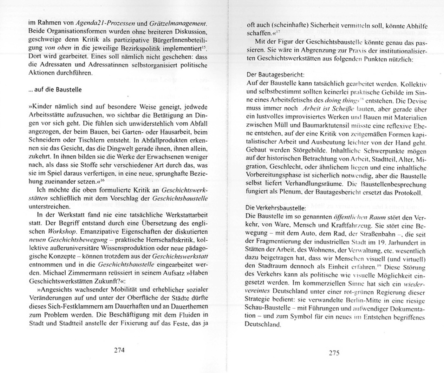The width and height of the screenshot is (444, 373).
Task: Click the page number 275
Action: [334, 353]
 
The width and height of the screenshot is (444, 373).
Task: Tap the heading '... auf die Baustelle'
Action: [55, 90]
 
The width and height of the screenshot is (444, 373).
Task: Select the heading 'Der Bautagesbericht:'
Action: [275, 75]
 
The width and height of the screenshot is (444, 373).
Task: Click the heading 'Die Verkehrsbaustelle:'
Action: [276, 208]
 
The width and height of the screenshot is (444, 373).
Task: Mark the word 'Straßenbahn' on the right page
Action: [373, 234]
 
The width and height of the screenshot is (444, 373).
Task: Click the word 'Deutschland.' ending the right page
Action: [263, 325]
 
